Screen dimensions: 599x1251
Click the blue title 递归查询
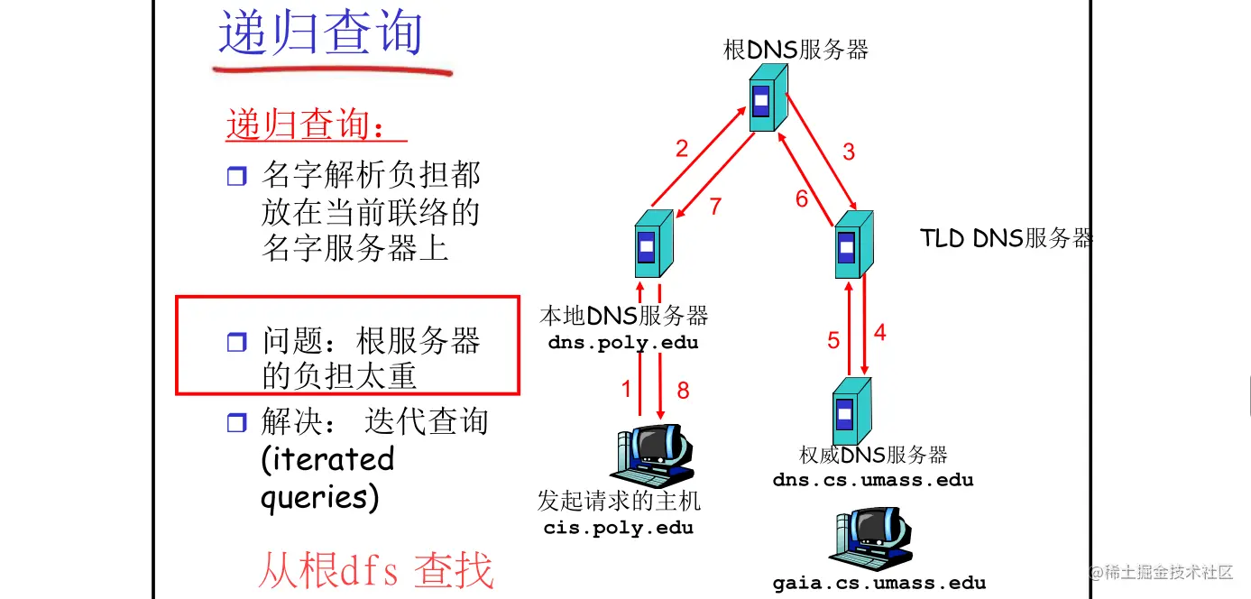pyautogui.click(x=320, y=33)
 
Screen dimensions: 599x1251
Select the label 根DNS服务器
pyautogui.click(x=796, y=50)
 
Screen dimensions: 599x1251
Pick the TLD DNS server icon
pyautogui.click(x=852, y=244)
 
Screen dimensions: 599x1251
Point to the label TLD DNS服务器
pyautogui.click(x=1006, y=238)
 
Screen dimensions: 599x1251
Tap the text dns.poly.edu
pyautogui.click(x=623, y=344)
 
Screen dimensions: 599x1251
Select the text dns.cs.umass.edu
pyautogui.click(x=873, y=480)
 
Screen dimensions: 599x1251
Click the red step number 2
pyautogui.click(x=682, y=149)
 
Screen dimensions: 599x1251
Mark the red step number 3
pyautogui.click(x=848, y=152)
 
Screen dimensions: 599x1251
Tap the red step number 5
pyautogui.click(x=833, y=340)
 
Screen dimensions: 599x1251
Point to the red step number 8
pyautogui.click(x=683, y=390)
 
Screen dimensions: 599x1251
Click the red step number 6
pyautogui.click(x=802, y=199)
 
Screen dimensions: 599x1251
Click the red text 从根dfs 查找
pyautogui.click(x=376, y=571)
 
